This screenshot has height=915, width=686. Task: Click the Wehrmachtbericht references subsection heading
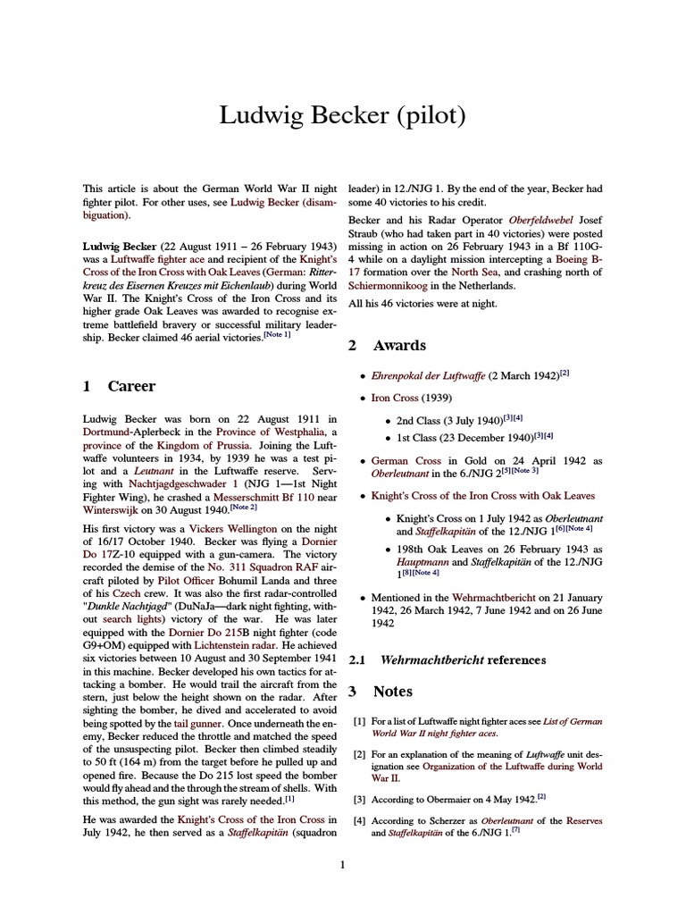coord(462,659)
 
